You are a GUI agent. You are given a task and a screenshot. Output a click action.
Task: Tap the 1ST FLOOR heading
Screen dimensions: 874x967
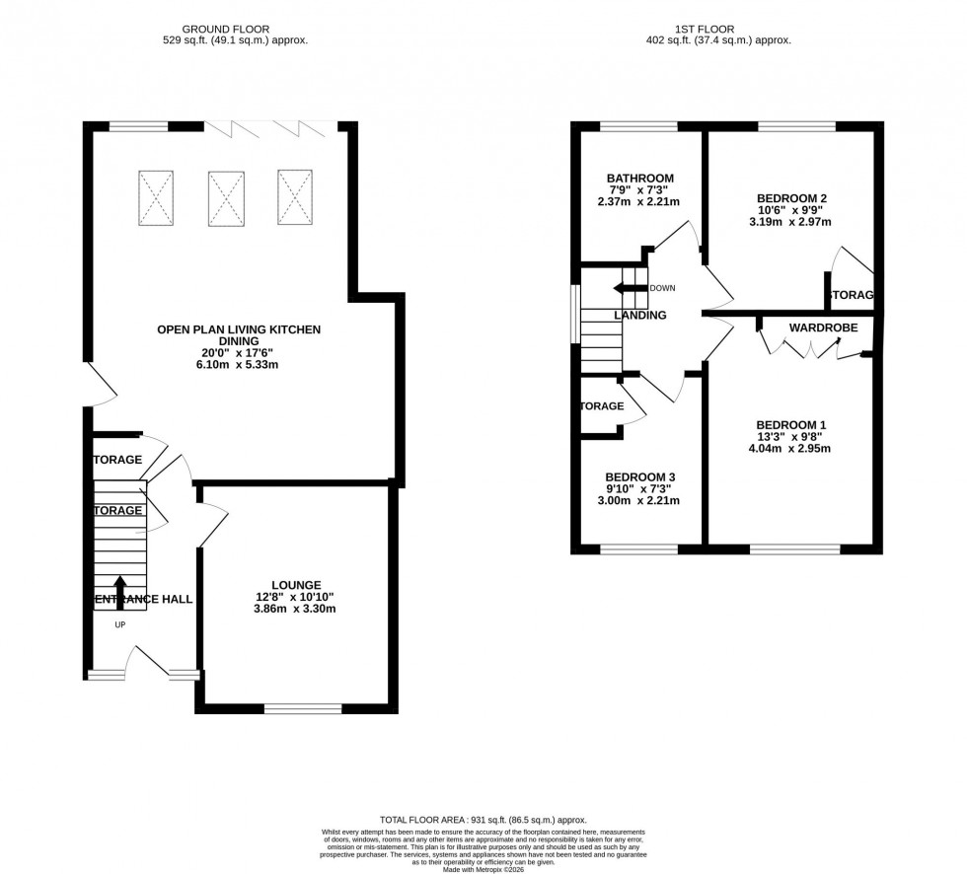(716, 30)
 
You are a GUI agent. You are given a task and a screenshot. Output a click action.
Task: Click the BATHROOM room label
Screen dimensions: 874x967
(640, 179)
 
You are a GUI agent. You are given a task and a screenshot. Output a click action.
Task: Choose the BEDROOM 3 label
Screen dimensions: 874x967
(640, 476)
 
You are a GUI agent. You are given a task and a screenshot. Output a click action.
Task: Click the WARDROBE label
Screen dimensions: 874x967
(823, 328)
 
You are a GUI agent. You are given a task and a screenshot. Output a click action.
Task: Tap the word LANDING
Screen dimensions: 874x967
(640, 316)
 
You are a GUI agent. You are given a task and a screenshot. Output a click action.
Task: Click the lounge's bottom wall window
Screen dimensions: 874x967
(302, 707)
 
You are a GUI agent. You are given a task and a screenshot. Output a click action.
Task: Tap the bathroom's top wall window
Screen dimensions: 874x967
(638, 126)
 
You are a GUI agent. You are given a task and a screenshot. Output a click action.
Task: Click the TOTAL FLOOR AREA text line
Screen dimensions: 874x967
(483, 820)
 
